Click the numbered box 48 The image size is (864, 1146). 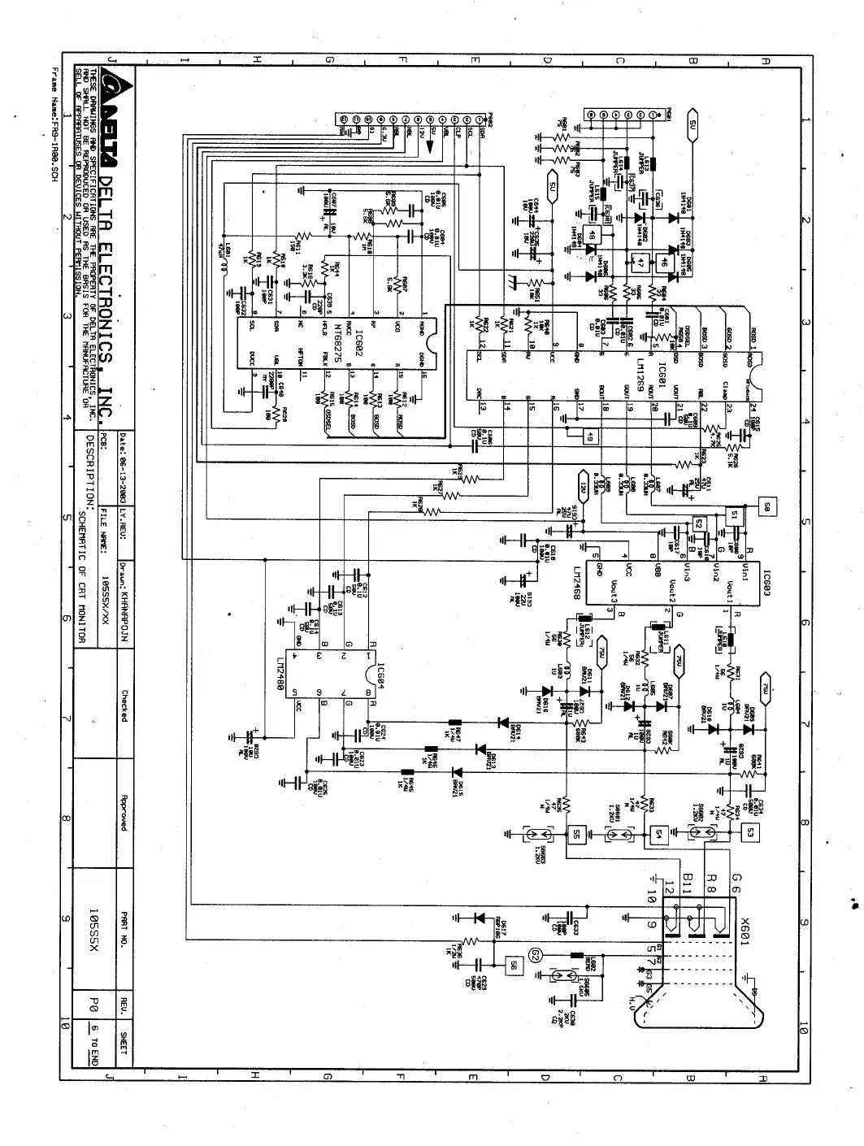[593, 236]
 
